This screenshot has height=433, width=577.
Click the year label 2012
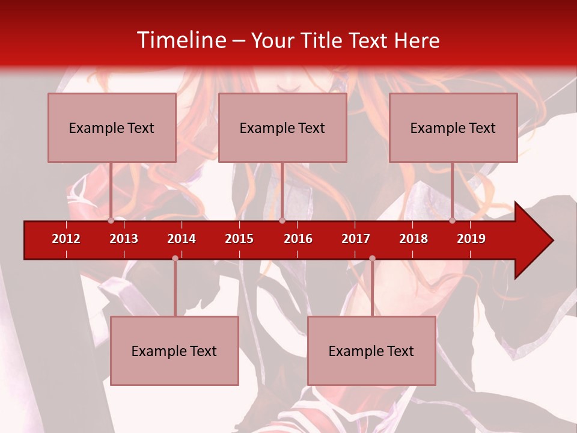click(x=66, y=239)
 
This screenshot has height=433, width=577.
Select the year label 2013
click(x=124, y=239)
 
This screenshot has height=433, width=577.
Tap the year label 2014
click(x=182, y=239)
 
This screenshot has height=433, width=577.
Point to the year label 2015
click(x=239, y=239)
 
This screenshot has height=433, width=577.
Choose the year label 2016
click(x=298, y=239)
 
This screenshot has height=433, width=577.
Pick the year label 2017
click(x=356, y=239)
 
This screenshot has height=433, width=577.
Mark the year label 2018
click(x=414, y=239)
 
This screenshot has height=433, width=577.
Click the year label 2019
click(x=471, y=239)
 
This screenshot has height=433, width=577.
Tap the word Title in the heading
click(x=322, y=41)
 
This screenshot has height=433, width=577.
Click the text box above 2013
click(x=112, y=127)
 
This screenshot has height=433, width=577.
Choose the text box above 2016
click(x=282, y=127)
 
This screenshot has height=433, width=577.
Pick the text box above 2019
click(x=453, y=127)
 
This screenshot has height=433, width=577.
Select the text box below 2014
click(x=174, y=351)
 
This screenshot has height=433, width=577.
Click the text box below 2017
click(x=371, y=351)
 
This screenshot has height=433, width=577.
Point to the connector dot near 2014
click(x=175, y=259)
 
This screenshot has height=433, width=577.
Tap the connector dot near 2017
click(x=372, y=259)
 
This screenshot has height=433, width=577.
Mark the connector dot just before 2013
click(x=111, y=220)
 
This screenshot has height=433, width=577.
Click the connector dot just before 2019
click(x=453, y=220)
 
